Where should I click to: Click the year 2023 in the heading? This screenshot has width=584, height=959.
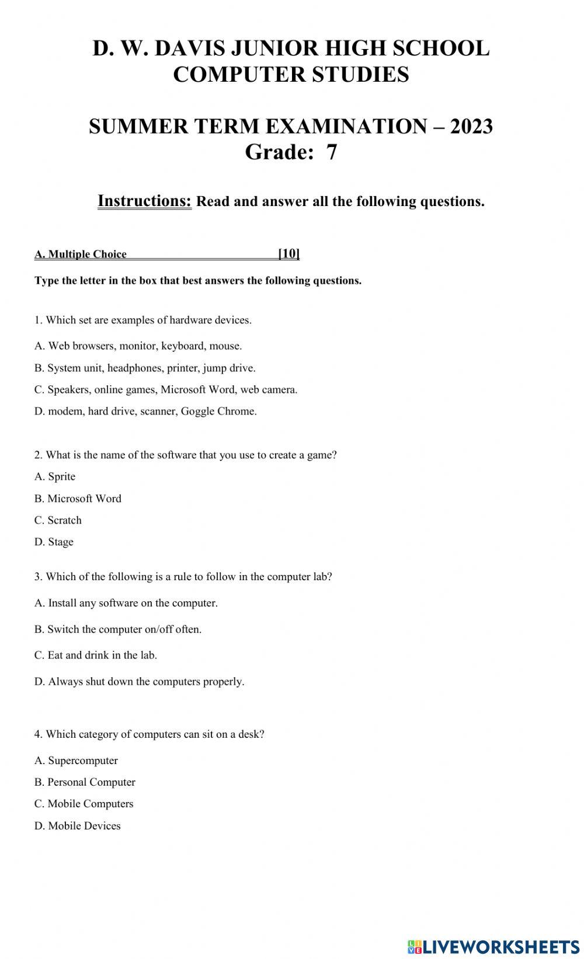(x=471, y=126)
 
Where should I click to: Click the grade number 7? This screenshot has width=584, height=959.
(x=331, y=152)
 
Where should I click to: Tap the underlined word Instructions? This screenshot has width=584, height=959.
(x=144, y=201)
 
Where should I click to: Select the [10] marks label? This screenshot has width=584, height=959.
(x=288, y=253)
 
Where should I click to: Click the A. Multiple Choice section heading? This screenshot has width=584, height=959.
(x=81, y=254)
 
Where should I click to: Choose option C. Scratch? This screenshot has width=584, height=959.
(x=58, y=520)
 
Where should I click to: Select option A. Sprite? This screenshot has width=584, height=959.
(x=55, y=476)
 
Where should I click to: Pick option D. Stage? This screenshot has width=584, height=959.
(x=54, y=542)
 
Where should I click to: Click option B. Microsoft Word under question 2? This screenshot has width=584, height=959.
(x=78, y=498)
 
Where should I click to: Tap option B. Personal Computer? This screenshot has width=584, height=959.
(x=85, y=782)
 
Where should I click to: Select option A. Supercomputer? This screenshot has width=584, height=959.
(x=76, y=761)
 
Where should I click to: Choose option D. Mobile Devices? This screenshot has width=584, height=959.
(x=77, y=826)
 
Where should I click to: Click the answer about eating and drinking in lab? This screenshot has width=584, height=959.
(x=95, y=655)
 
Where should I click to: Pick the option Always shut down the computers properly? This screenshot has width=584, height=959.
(x=139, y=681)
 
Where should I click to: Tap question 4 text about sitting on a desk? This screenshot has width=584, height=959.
(x=149, y=734)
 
